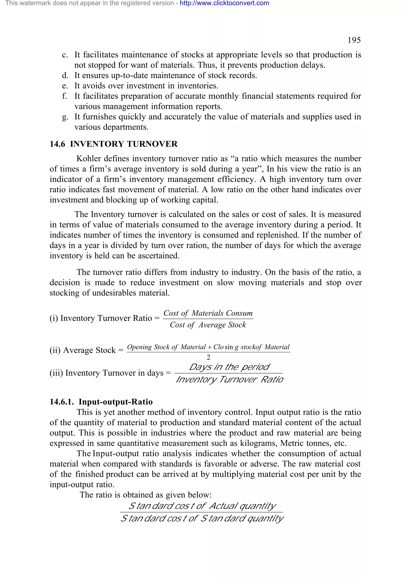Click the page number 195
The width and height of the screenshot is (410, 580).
(354, 40)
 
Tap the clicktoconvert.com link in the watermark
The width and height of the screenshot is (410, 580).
(224, 3)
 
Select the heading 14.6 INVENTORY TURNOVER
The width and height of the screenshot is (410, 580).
(114, 144)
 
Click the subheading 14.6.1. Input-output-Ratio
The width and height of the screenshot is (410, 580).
(101, 402)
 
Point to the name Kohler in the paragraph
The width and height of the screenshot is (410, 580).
(89, 159)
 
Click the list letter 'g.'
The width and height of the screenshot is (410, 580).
(65, 117)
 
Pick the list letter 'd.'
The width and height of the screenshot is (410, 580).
(65, 75)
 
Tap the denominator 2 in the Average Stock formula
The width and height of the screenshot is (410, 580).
(208, 357)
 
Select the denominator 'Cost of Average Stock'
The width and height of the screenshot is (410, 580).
(208, 325)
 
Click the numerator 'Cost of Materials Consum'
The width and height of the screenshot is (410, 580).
(208, 313)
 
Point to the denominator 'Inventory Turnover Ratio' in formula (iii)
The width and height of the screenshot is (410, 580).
(229, 379)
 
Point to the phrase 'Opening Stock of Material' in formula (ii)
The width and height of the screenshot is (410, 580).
(166, 347)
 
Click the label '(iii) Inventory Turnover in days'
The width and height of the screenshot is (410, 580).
(107, 373)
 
